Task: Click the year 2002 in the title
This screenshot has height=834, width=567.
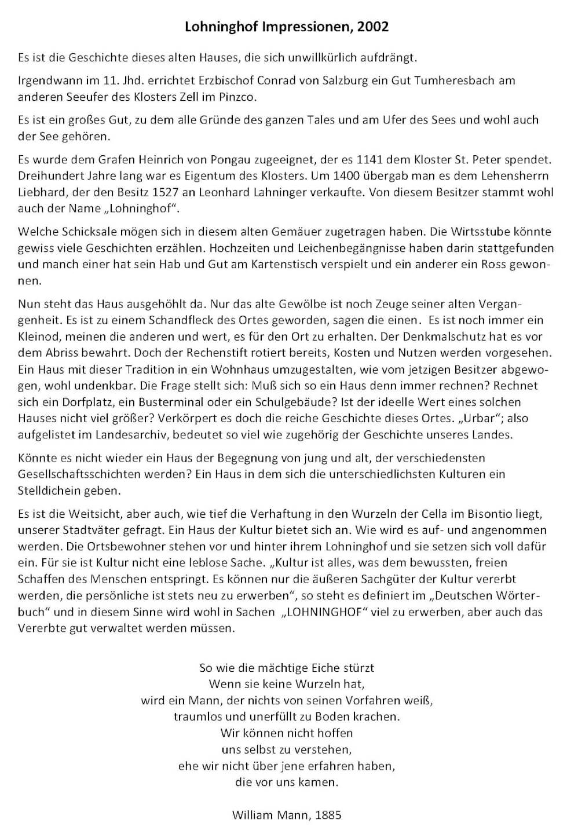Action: click(x=373, y=27)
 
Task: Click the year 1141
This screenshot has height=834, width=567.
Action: click(x=371, y=159)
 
